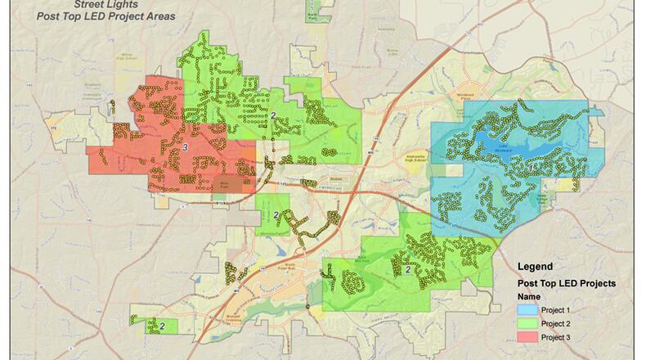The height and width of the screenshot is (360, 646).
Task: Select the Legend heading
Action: tap(536, 267)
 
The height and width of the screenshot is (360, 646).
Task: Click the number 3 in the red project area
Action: tap(186, 146)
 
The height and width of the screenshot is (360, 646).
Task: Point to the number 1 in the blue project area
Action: tap(533, 167)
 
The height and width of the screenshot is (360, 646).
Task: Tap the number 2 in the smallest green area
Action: tap(162, 326)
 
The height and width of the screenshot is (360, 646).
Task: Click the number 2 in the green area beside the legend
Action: tap(407, 269)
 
